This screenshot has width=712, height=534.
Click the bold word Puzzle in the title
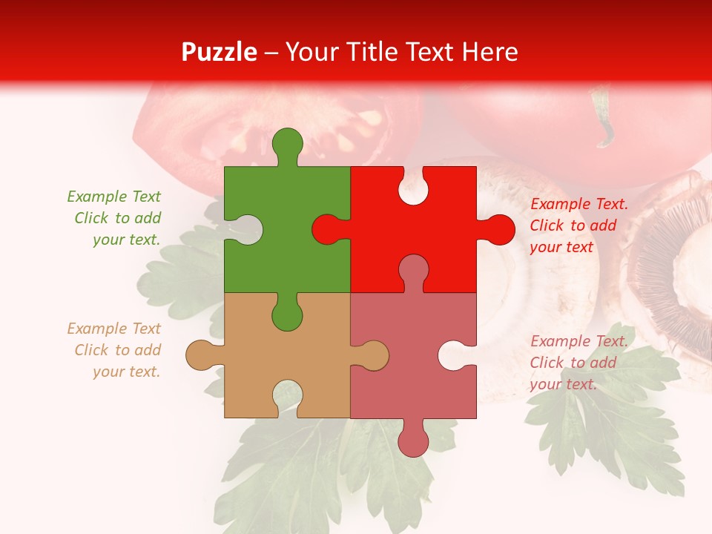220,52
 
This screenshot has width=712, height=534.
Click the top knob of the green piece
288,145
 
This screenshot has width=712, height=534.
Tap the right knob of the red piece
497,229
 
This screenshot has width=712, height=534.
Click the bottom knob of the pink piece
413,440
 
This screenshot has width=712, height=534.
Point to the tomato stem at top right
603,119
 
